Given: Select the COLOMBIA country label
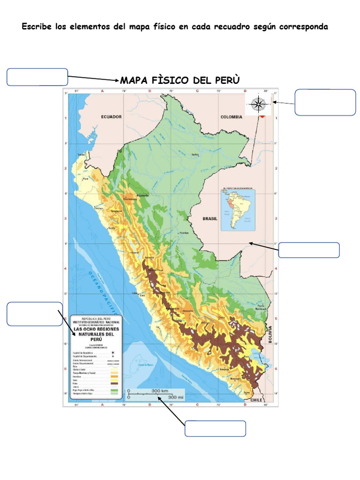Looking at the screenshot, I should (232, 117).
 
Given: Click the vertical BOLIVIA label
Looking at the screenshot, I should (270, 335).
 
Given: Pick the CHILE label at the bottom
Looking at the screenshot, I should (256, 400).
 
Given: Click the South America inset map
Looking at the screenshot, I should (238, 210).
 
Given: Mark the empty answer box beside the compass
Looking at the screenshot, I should (325, 102).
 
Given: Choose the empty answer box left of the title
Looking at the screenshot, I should (37, 77).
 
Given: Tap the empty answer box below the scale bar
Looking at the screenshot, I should (215, 428).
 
